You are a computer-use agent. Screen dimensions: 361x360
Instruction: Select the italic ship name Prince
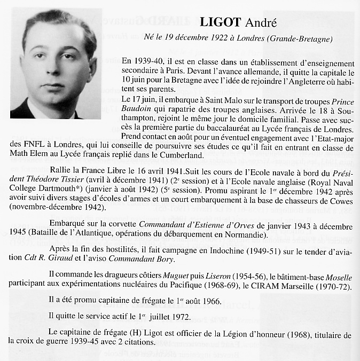pos(340,99)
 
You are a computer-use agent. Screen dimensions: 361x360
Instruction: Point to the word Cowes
pos(340,201)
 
